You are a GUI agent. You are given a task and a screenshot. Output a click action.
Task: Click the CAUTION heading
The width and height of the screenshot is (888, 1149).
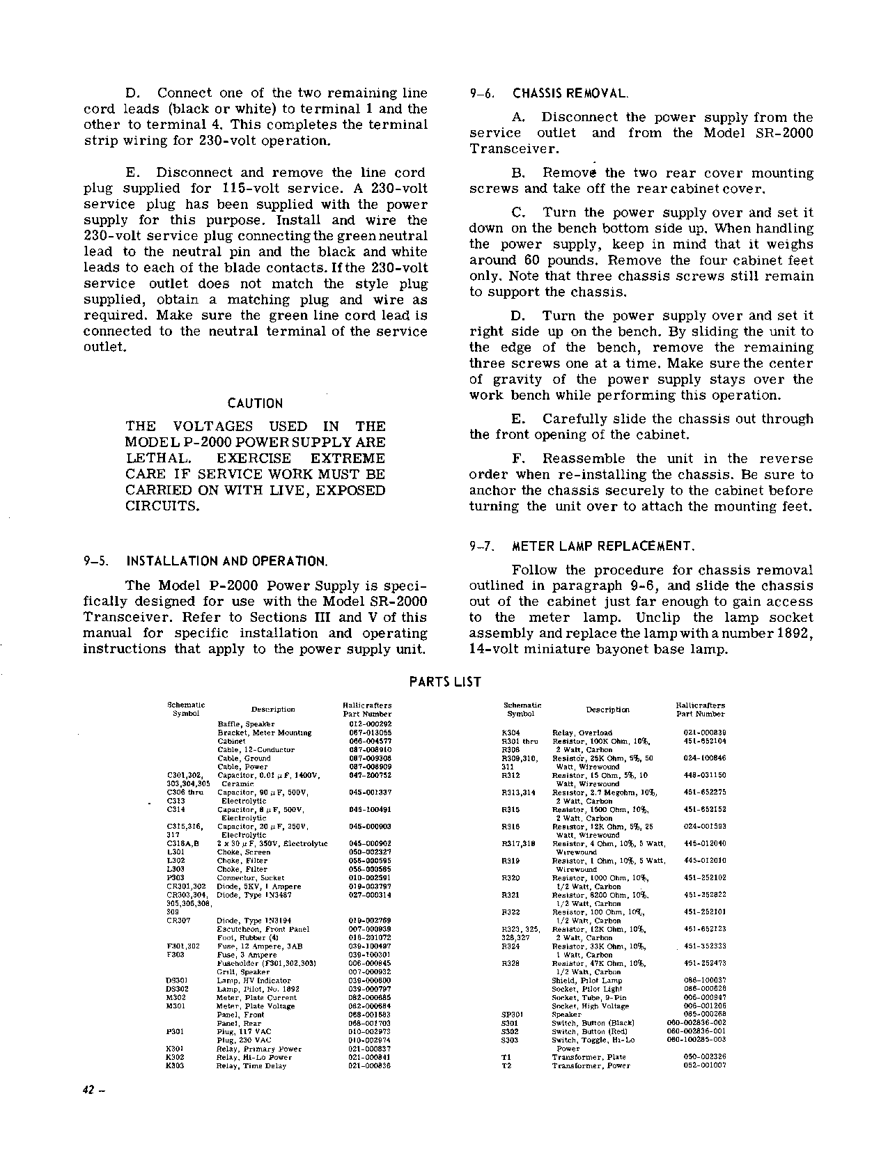[x=256, y=404]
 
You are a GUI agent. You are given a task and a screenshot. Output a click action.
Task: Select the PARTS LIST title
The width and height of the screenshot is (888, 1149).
[x=444, y=682]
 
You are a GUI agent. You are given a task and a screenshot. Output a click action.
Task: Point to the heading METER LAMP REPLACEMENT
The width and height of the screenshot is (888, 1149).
[x=603, y=546]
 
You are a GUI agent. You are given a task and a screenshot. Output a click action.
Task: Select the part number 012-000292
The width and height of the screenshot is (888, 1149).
[x=370, y=724]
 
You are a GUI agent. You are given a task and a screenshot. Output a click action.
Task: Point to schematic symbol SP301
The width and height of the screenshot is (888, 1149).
[x=513, y=1015]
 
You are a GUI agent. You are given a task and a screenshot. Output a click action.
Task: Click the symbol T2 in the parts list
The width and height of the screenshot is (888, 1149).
[x=506, y=1065]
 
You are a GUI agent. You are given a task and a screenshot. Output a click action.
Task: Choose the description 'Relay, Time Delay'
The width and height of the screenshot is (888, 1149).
[x=251, y=1065]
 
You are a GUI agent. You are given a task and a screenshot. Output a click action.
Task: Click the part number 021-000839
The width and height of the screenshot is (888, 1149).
[x=705, y=733]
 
